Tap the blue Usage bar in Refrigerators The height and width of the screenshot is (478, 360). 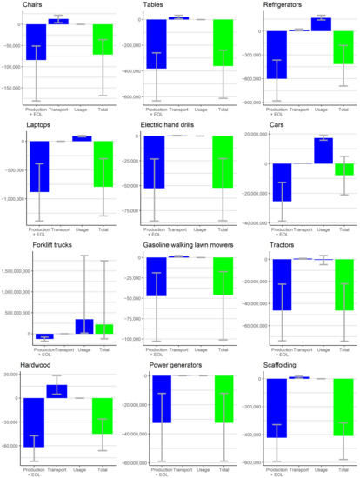321,24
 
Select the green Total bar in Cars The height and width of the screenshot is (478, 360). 343,169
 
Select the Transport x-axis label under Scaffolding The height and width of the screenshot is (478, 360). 298,474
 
